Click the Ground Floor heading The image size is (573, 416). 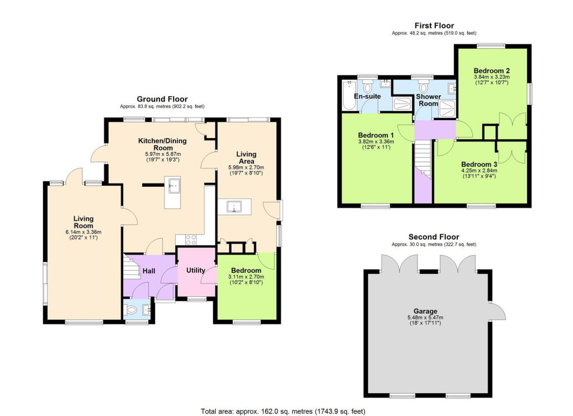[162, 99]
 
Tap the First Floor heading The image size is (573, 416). [434, 26]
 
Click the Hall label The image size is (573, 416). [149, 271]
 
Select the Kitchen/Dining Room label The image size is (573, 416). [162, 144]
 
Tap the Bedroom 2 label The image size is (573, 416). [491, 70]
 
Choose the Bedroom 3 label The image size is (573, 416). [480, 164]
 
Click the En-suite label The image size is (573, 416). [368, 97]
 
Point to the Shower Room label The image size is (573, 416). [428, 100]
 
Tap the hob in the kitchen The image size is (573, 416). [190, 239]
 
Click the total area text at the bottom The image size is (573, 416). [283, 411]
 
